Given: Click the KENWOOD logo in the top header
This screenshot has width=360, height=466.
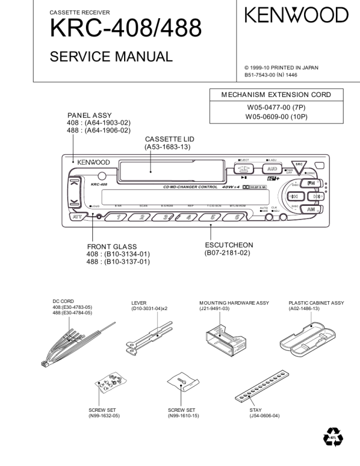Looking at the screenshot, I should [296, 15].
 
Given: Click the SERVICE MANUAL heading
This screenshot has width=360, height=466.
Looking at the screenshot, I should [111, 57].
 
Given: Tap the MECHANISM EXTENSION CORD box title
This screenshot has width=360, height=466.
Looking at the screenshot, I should [276, 94].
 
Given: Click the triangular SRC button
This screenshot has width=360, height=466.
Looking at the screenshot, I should [299, 167].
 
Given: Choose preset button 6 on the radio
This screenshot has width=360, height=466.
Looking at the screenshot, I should [237, 217].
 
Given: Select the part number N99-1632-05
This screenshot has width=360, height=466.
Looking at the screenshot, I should [104, 415].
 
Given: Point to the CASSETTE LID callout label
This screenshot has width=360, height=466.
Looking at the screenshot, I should [169, 139].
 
